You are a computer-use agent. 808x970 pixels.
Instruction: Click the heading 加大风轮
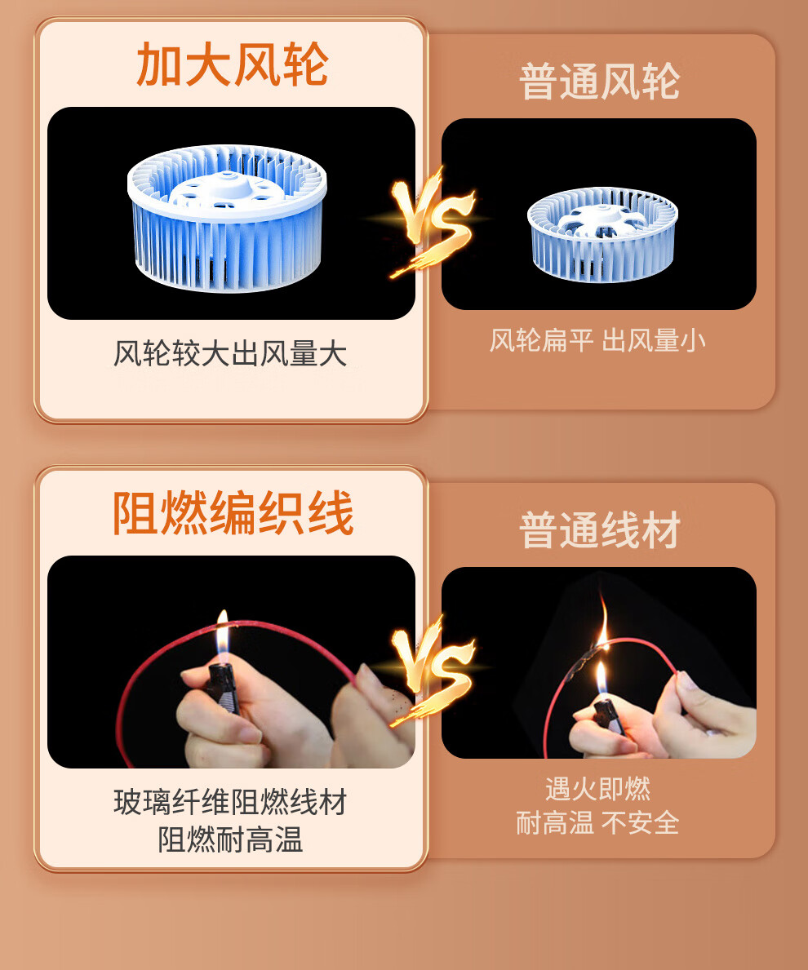pyautogui.click(x=232, y=64)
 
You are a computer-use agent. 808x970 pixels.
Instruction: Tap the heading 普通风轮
pyautogui.click(x=600, y=81)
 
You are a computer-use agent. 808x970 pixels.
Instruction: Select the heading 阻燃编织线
pyautogui.click(x=233, y=513)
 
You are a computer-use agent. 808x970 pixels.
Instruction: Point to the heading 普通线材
pyautogui.click(x=600, y=530)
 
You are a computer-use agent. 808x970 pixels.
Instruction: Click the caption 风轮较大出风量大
pyautogui.click(x=230, y=354)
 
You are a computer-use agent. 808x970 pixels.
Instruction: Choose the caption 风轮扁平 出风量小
pyautogui.click(x=597, y=340)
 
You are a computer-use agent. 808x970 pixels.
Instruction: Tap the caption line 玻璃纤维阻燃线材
pyautogui.click(x=230, y=803)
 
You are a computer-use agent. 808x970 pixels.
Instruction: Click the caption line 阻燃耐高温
pyautogui.click(x=230, y=839)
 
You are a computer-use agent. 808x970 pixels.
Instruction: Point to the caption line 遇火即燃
pyautogui.click(x=597, y=789)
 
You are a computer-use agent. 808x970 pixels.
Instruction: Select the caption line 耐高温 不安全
pyautogui.click(x=597, y=823)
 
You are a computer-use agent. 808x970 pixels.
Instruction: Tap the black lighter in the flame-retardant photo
pyautogui.click(x=222, y=687)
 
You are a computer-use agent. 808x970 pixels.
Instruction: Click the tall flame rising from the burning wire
pyautogui.click(x=603, y=621)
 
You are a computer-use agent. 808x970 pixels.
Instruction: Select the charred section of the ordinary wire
pyautogui.click(x=584, y=662)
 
